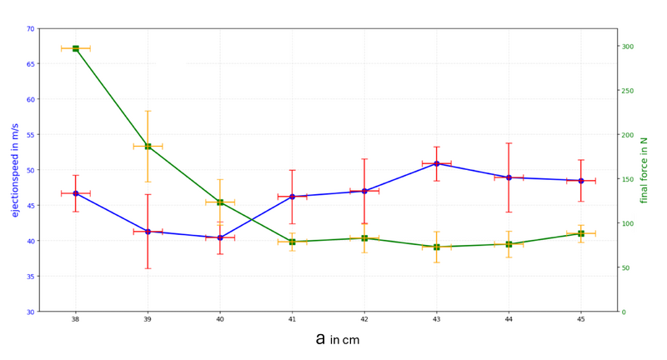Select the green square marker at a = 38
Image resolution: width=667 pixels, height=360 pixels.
click(76, 48)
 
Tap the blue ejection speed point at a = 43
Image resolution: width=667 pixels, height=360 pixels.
click(437, 163)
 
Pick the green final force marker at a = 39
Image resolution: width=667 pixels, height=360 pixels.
click(148, 146)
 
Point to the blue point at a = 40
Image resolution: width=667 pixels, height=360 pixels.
click(220, 237)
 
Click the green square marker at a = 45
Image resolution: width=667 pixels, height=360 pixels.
click(581, 233)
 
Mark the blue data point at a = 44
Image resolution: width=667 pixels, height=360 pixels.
click(509, 177)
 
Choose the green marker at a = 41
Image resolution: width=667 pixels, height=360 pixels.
click(292, 242)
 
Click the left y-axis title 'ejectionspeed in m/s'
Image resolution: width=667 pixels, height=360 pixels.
click(15, 170)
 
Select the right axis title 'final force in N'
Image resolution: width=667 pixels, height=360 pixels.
click(644, 170)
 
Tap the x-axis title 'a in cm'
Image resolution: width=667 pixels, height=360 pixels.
click(337, 339)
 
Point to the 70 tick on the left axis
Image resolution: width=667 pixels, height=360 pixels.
click(30, 29)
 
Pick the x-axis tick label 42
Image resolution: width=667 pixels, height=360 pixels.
click(364, 319)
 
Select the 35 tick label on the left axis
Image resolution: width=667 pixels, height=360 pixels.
click(30, 277)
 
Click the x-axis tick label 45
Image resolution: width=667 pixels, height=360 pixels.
click(581, 319)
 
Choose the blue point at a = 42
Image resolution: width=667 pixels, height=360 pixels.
click(364, 191)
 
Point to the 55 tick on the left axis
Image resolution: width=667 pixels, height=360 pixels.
click(30, 135)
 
